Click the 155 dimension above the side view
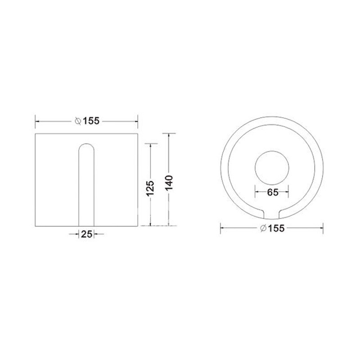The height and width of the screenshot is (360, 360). coord(91,121)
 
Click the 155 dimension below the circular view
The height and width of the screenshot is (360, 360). coord(276,228)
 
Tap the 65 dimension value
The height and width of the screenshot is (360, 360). coord(273,193)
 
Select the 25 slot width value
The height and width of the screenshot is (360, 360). coord(86,234)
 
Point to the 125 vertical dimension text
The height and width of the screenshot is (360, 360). coord(150,188)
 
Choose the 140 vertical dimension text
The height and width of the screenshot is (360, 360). coord(169,183)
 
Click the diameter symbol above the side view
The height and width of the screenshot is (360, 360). coord(78,121)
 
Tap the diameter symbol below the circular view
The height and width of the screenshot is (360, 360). coord(263,228)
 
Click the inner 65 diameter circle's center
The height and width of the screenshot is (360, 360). coord(272,168)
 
